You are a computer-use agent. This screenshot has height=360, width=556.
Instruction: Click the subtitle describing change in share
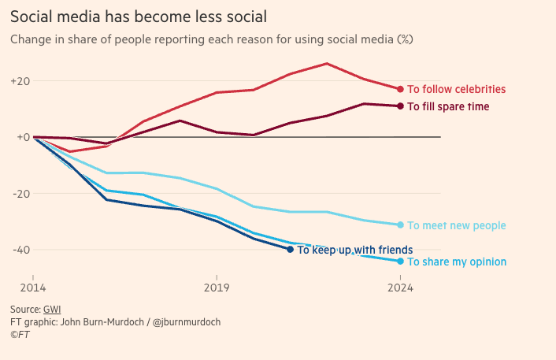point(212,39)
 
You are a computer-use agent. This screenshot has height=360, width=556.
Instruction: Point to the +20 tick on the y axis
point(20,81)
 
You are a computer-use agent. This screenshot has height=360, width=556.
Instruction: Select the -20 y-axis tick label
point(20,194)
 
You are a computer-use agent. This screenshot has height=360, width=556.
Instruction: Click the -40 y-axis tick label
point(20,250)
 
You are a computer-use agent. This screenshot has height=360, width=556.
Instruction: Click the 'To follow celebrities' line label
point(456,89)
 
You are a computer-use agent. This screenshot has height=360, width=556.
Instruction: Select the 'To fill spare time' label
point(448,106)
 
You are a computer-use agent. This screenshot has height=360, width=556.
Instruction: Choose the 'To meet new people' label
point(456,226)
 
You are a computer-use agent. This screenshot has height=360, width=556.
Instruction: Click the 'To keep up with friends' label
point(354,250)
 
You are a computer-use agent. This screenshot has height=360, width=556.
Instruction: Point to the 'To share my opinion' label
point(456,262)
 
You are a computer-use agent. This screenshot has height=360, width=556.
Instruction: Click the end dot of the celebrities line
point(400,89)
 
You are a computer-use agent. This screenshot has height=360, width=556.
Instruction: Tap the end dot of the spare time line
point(400,106)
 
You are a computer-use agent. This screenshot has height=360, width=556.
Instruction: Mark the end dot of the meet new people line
point(400,225)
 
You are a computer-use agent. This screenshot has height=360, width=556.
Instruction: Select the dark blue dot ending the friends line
point(291,250)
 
